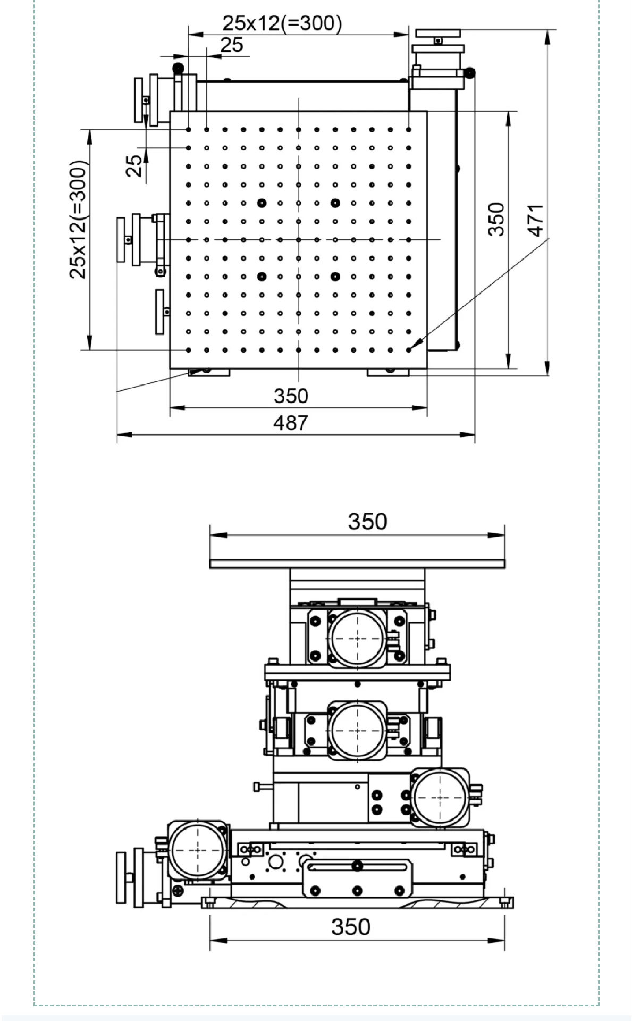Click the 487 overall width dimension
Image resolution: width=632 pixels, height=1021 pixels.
coord(290,423)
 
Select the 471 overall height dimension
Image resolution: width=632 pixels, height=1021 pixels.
coord(536,220)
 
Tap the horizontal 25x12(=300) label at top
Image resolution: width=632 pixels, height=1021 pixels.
coord(282,23)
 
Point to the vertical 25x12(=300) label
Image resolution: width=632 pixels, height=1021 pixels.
coord(78,219)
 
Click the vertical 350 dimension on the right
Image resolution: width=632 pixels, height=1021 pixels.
coord(495,219)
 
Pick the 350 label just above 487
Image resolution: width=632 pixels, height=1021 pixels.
coord(291,396)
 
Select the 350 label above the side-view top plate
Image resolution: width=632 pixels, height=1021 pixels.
coord(367,522)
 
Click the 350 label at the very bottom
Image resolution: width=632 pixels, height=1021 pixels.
coord(351,927)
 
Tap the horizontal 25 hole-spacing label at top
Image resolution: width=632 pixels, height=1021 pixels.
coord(232,45)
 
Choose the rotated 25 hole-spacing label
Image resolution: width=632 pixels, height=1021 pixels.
coord(134,165)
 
